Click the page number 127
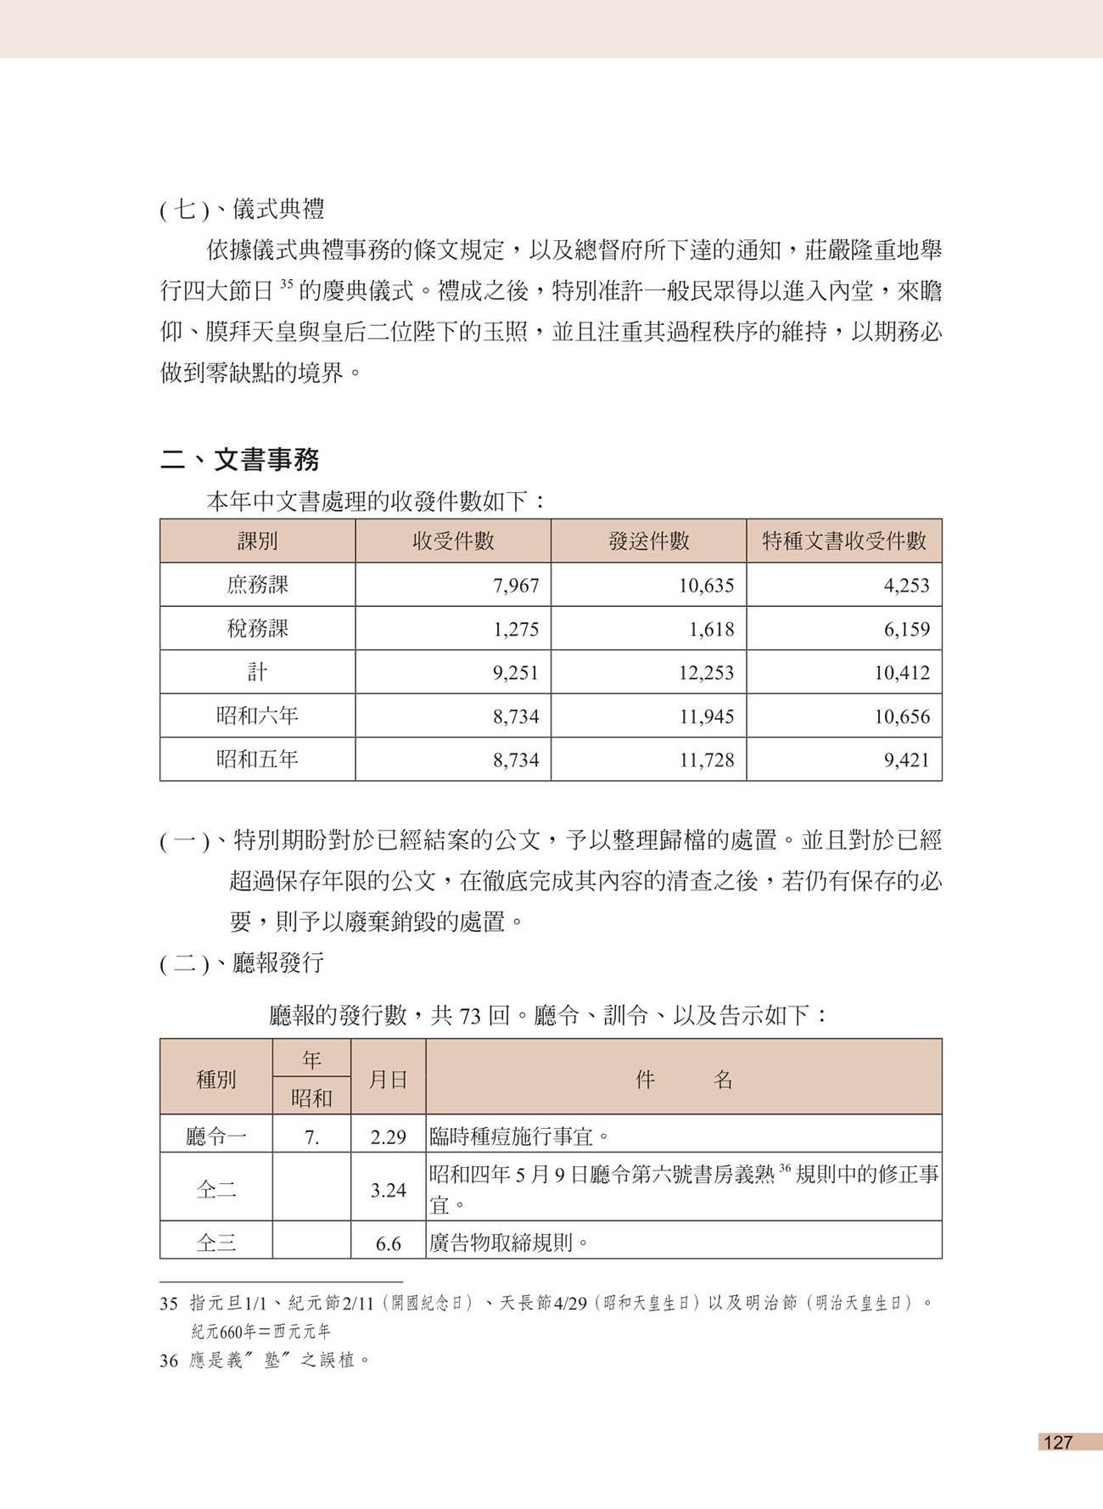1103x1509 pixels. point(1058,1442)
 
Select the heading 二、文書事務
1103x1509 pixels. point(240,459)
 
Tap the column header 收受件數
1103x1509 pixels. point(453,541)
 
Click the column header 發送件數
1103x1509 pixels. point(648,541)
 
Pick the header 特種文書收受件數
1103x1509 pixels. point(843,541)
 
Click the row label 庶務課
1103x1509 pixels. point(257,585)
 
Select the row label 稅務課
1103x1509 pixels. point(257,629)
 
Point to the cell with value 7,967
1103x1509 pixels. point(516,586)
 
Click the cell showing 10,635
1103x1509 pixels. point(706,586)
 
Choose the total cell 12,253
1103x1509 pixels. point(706,673)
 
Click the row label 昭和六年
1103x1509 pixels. point(257,716)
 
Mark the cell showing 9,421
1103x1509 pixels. point(906,760)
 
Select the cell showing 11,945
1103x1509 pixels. point(706,717)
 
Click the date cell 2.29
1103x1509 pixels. point(389,1137)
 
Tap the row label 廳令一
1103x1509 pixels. point(216,1137)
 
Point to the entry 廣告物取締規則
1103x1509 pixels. point(509,1243)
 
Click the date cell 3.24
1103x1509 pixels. point(389,1190)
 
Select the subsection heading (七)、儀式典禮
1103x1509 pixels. point(242,210)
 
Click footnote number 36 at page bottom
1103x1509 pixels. point(169,1360)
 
